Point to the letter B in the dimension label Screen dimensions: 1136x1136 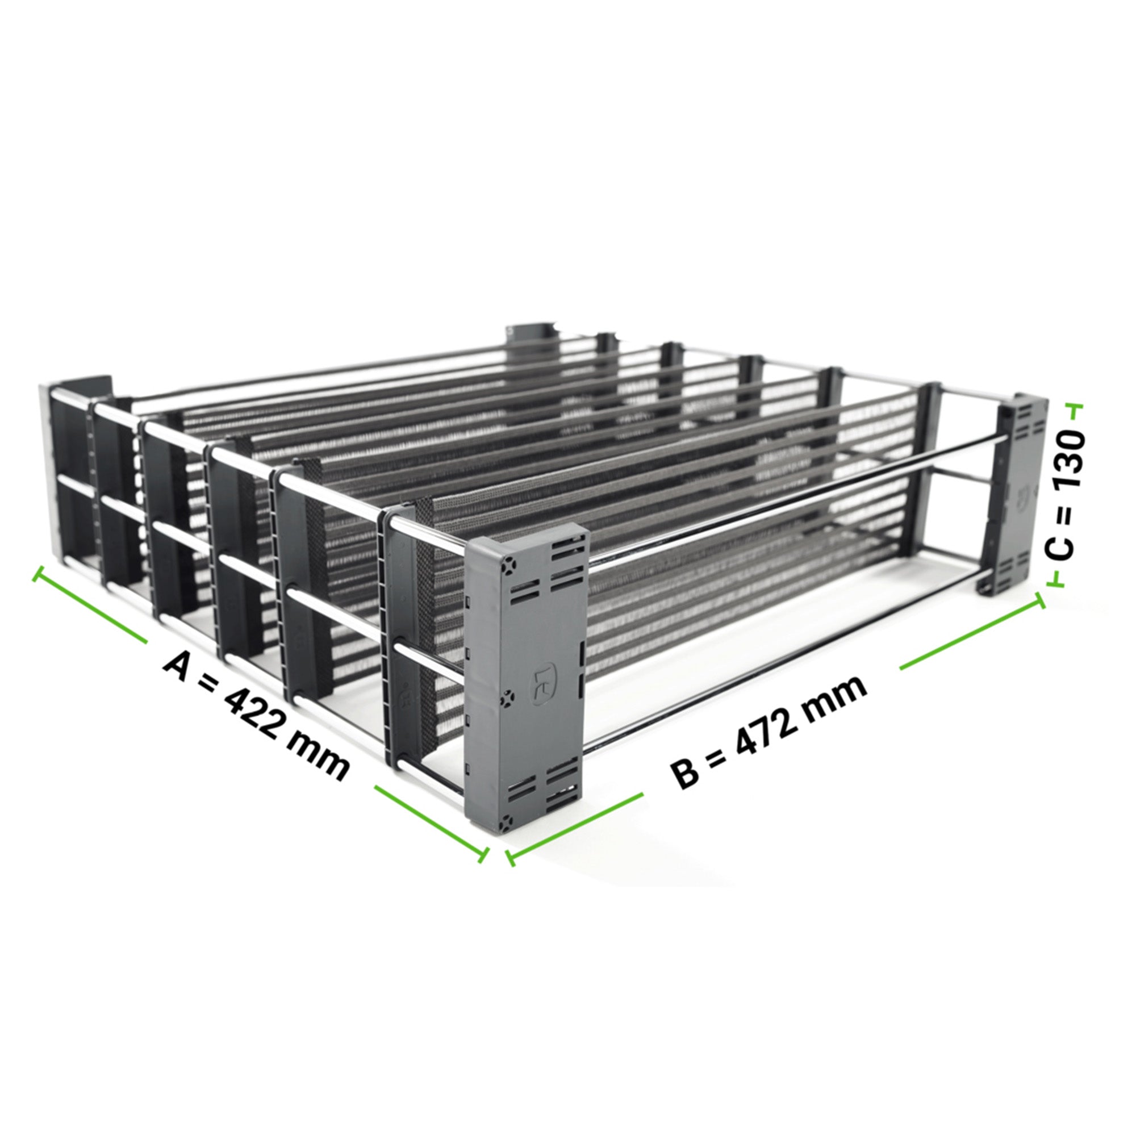pyautogui.click(x=686, y=771)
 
